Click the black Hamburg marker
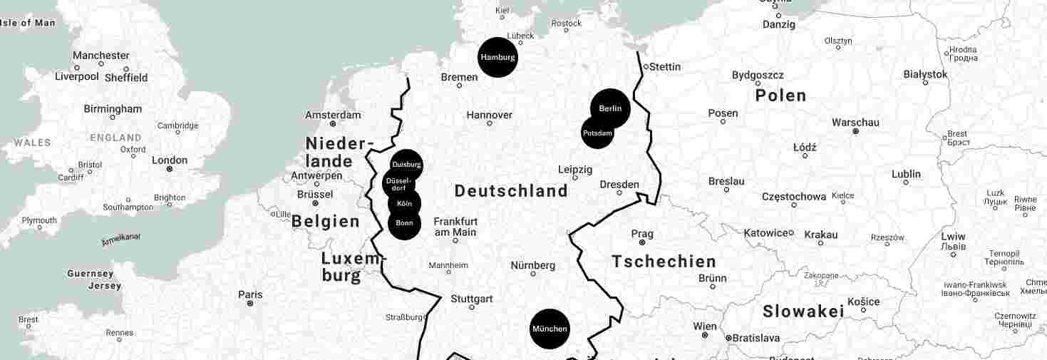tap(497, 57)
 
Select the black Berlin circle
tap(610, 108)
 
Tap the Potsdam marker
tap(597, 133)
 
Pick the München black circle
tap(550, 329)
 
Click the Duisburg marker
tap(406, 165)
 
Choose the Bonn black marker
tap(404, 223)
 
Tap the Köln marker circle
tap(404, 203)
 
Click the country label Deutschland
tap(511, 191)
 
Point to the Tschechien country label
tap(664, 262)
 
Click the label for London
tap(170, 160)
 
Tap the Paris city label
tap(250, 294)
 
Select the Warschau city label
tap(856, 123)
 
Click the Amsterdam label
tap(333, 115)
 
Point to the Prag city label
tap(642, 234)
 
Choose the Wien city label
tap(705, 326)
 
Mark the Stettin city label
tap(665, 67)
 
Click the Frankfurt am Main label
tap(455, 227)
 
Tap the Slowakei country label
tap(803, 312)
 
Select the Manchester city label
tap(101, 56)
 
